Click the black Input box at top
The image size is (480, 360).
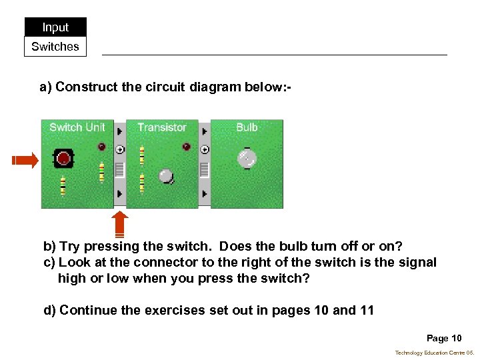(x=55, y=27)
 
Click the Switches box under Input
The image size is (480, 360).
(x=55, y=47)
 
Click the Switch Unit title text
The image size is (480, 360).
(x=77, y=127)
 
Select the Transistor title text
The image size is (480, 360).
(x=162, y=127)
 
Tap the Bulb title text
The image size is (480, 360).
(x=247, y=127)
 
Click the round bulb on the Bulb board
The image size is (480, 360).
(x=247, y=158)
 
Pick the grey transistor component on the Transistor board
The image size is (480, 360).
(x=166, y=176)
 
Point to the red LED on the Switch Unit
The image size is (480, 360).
(x=101, y=146)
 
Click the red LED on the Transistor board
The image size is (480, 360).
(x=186, y=146)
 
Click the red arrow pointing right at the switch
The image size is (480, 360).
(x=25, y=160)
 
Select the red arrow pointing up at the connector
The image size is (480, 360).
(x=119, y=224)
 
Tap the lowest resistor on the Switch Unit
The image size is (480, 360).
(x=63, y=185)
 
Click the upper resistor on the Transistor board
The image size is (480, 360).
(x=142, y=155)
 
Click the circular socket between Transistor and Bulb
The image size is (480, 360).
(x=205, y=149)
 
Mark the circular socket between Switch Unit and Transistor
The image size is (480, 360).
(x=120, y=149)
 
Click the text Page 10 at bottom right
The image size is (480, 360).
(x=443, y=338)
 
